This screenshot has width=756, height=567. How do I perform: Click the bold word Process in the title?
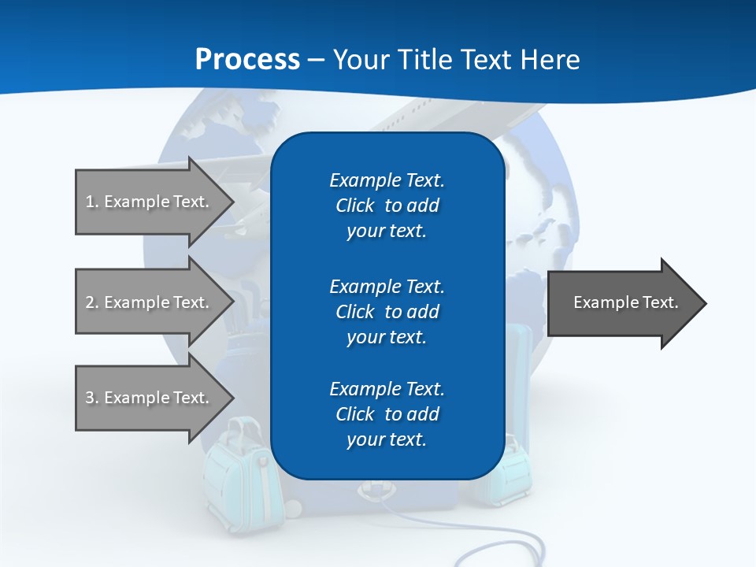coord(247,60)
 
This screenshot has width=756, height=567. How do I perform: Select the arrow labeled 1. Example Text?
coord(150,202)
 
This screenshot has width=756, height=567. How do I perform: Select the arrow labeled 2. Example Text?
coord(150,302)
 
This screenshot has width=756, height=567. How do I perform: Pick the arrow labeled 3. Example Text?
coord(150,398)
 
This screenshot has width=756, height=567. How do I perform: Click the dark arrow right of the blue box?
coord(622,303)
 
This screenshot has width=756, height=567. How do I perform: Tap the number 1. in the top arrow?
coord(92,202)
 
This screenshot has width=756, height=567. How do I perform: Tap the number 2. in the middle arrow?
coord(92,302)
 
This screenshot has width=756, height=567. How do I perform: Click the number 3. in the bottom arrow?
coord(92,398)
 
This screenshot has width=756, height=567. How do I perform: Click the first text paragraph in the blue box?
coord(387,206)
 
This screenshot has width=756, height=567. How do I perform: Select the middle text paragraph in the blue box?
coord(387,312)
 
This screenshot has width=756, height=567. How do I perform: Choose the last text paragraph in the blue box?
coord(387,414)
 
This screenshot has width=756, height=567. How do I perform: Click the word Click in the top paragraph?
coord(354,206)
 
